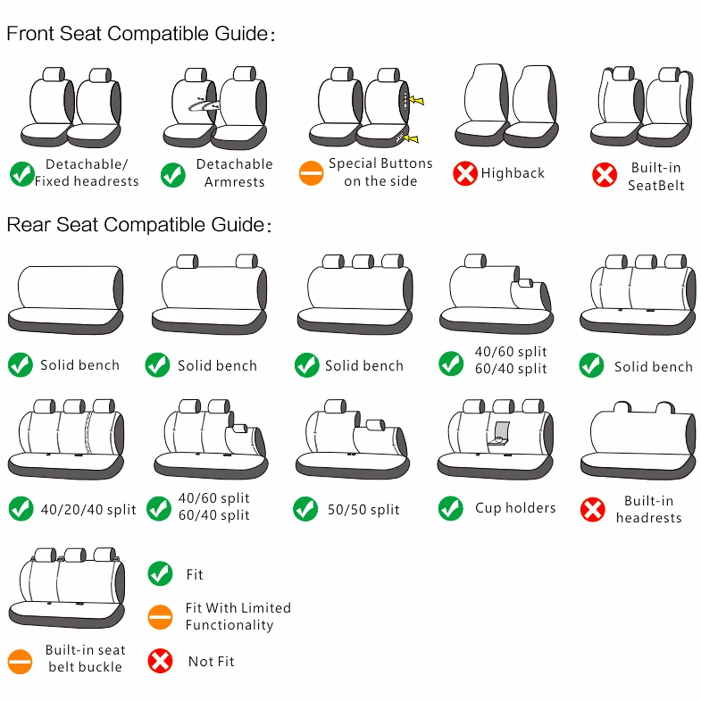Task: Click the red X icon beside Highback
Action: point(465,173)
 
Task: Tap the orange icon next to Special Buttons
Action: point(311,173)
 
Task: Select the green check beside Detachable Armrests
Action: point(173,175)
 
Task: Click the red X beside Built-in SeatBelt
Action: point(604,174)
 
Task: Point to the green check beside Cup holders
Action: point(451,508)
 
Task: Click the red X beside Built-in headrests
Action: point(592,509)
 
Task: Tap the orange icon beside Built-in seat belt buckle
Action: point(20,661)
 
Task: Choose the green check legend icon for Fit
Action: point(160,574)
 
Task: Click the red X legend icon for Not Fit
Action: point(160,661)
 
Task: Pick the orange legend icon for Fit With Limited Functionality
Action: point(160,617)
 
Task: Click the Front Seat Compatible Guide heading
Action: point(140,34)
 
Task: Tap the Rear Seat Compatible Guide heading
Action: point(139,224)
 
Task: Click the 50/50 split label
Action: point(363,509)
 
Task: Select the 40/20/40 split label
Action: point(88,509)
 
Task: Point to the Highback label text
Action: point(513,173)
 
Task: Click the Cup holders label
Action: point(515,508)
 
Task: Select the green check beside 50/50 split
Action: point(305,509)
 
